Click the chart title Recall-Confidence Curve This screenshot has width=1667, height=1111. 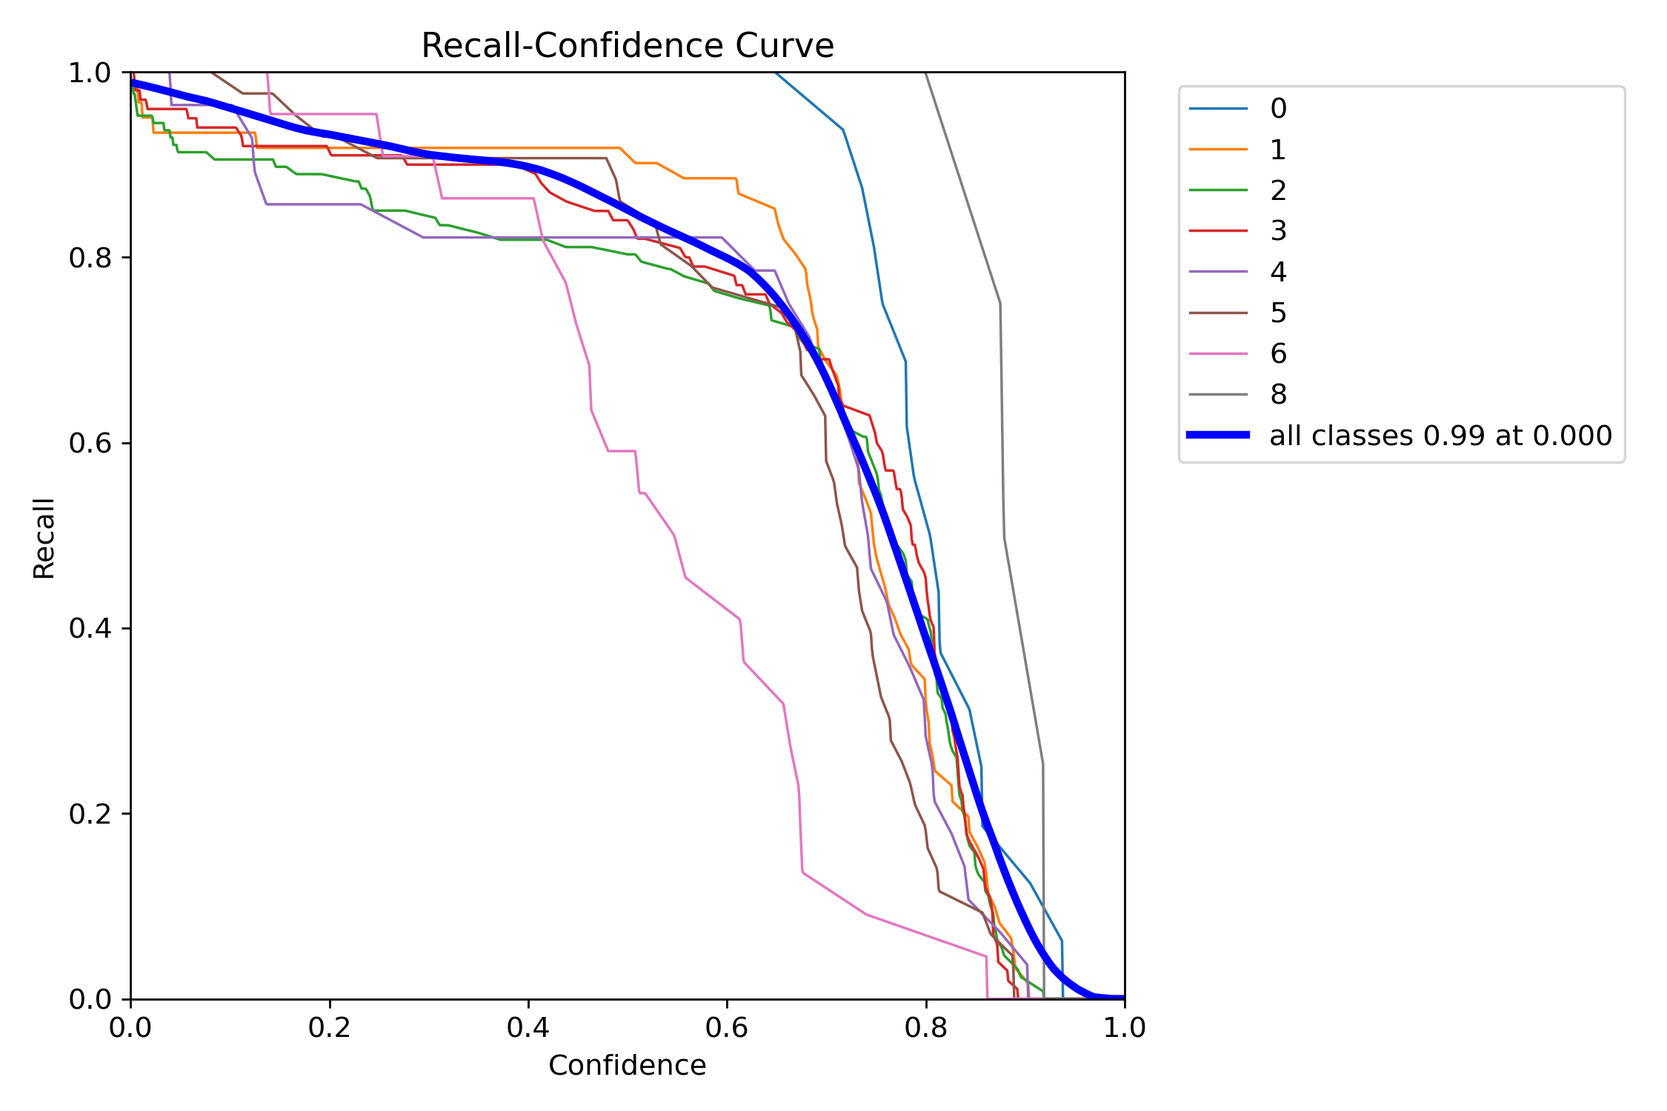pos(627,46)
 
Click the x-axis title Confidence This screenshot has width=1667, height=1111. pos(627,1065)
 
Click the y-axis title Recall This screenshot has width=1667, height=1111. pos(44,538)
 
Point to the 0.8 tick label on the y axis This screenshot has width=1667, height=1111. pos(90,258)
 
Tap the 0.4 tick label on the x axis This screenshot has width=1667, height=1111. pos(528,1028)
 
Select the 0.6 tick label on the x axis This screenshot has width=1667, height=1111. pos(727,1028)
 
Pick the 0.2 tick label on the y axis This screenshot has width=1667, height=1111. pos(90,814)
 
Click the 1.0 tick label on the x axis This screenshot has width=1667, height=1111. pos(1124,1028)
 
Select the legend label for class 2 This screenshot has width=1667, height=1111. pos(1278,190)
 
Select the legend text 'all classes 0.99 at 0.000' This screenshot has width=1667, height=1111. pos(1440,436)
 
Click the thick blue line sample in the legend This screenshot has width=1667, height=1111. pos(1218,435)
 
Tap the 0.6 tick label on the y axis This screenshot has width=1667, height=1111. pos(90,443)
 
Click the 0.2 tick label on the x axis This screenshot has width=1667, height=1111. pos(330,1028)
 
